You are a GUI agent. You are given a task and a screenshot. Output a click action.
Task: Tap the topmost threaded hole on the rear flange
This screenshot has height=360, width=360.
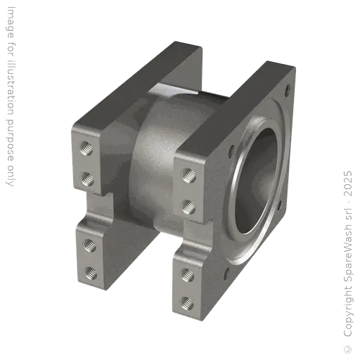pyautogui.click(x=86, y=148)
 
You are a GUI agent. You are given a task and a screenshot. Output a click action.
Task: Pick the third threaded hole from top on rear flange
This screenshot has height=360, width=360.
pyautogui.click(x=89, y=243)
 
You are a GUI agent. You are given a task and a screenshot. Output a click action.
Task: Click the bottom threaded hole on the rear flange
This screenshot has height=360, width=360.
pyautogui.click(x=89, y=269)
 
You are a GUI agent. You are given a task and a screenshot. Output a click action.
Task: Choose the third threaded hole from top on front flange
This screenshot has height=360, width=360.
pyautogui.click(x=187, y=274)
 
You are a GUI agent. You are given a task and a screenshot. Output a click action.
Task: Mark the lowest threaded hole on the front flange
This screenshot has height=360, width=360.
pyautogui.click(x=188, y=302)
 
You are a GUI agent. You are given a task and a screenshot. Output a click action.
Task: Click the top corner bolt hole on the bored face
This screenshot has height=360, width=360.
pyautogui.click(x=287, y=90)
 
